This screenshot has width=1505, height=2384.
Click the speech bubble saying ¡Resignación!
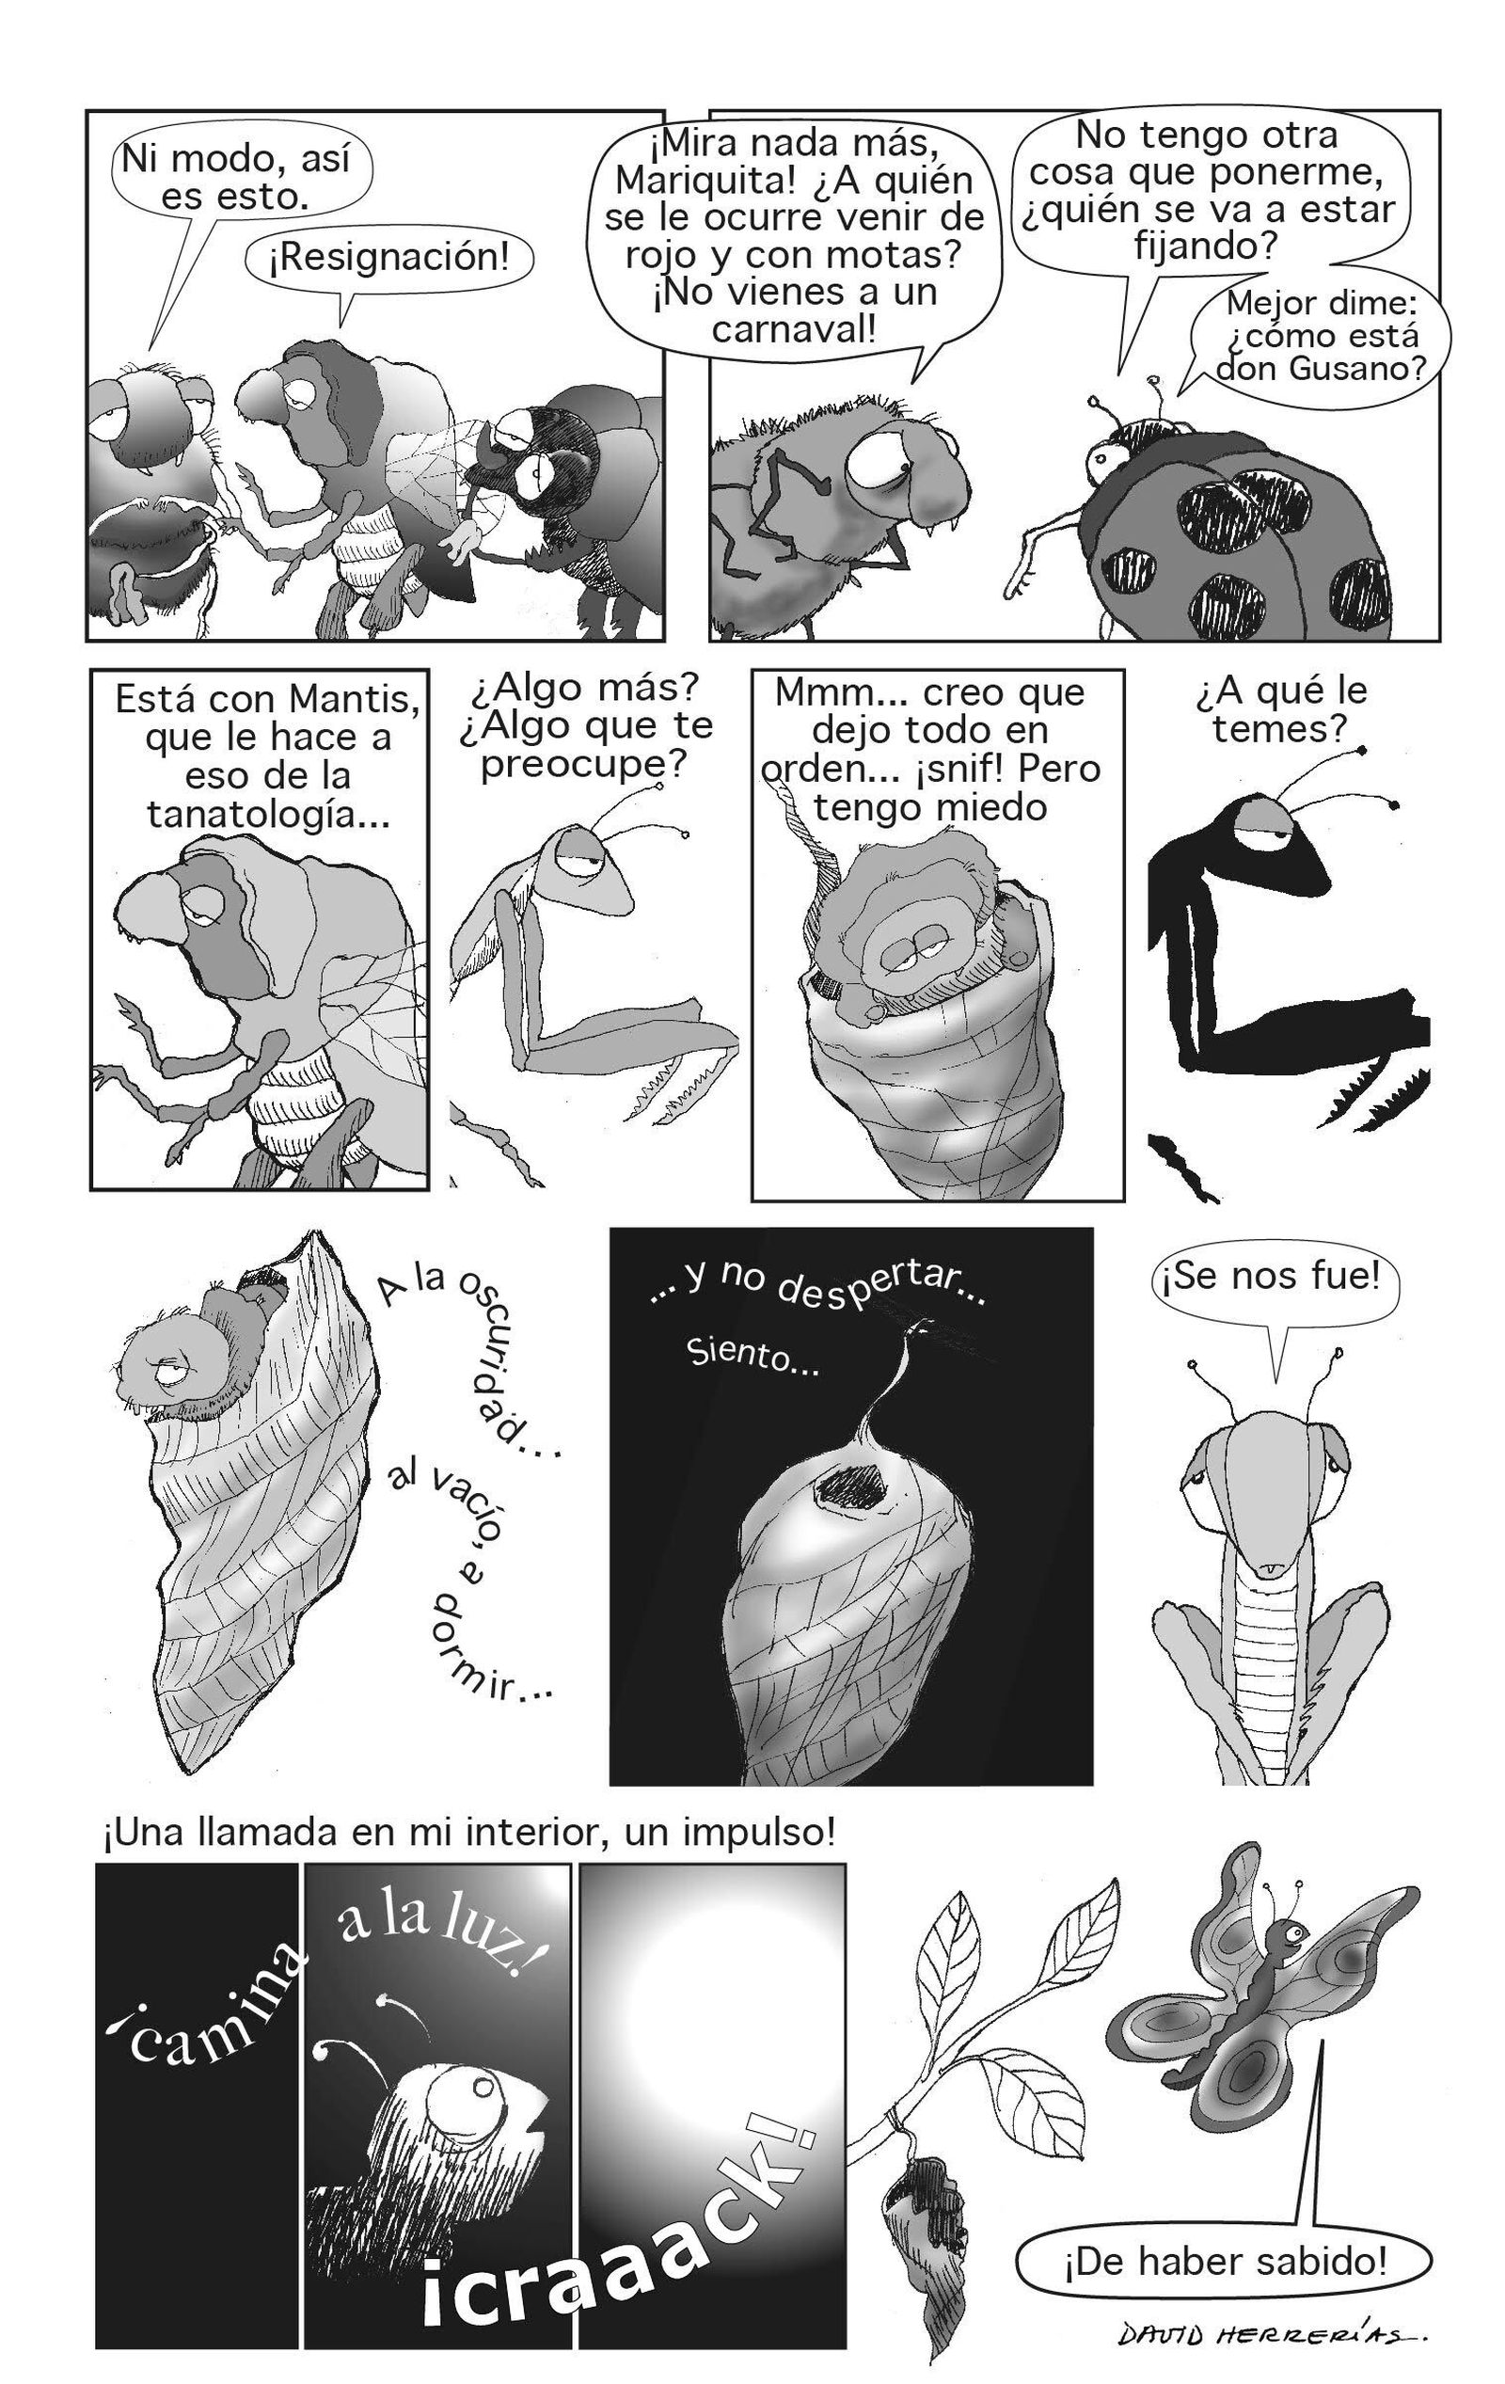[390, 259]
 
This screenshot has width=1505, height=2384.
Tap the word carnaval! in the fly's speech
[794, 328]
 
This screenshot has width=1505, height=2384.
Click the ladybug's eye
[1101, 455]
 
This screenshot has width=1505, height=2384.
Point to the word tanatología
[267, 815]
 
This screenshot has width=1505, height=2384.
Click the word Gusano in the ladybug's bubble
[1357, 371]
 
